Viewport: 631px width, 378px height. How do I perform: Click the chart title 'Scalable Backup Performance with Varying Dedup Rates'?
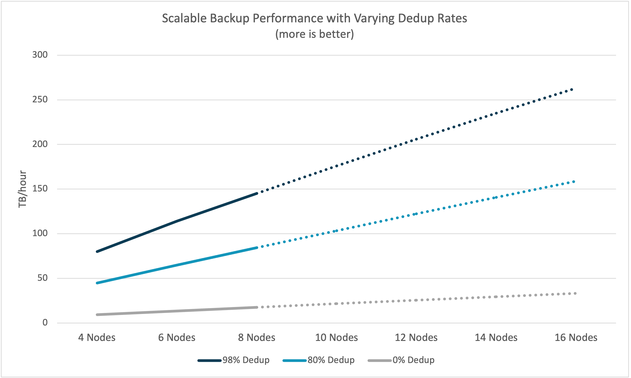point(314,18)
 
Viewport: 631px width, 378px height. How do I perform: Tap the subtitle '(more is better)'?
point(314,34)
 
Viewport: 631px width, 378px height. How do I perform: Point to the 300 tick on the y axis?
point(40,55)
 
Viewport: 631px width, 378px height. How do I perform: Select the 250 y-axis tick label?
point(40,100)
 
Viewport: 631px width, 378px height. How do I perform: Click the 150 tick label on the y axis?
point(40,189)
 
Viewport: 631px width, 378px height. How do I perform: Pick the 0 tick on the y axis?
point(45,323)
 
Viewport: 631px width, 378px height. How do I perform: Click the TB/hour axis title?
point(22,189)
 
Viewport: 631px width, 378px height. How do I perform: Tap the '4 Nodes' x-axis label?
point(97,338)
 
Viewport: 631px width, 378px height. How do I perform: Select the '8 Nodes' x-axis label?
point(256,338)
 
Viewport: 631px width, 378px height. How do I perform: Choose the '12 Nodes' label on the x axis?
point(416,338)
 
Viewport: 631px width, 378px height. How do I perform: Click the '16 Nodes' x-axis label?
point(576,338)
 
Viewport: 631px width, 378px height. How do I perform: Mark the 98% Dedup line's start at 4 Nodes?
point(97,252)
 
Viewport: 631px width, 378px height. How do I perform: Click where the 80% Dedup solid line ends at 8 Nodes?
point(257,248)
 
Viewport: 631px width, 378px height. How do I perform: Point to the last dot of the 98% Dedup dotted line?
point(572,90)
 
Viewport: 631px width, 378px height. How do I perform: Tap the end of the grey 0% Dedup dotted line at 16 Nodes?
point(575,293)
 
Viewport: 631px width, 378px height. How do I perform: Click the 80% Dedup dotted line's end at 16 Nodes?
point(574,182)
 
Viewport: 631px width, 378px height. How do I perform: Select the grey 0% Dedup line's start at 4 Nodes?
point(97,315)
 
